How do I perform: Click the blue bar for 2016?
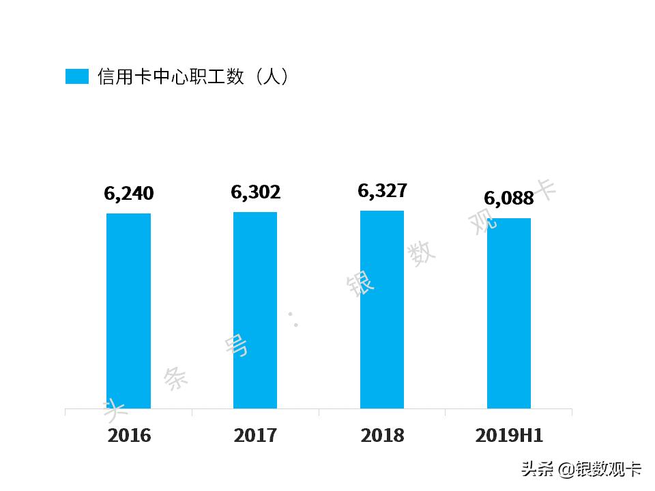point(128,311)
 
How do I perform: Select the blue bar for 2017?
point(255,310)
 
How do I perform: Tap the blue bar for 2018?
point(382,310)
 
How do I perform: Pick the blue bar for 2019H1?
point(508,313)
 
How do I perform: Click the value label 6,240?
point(129,194)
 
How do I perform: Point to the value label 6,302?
point(256,192)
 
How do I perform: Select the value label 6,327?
point(383,190)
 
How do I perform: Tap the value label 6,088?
point(509,198)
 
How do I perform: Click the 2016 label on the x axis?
point(129,436)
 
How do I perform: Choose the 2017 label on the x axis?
point(256,436)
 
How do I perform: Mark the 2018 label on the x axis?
point(383,436)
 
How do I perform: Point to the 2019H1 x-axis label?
point(510,436)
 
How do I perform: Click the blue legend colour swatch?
point(77,76)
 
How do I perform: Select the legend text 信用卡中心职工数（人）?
point(193,76)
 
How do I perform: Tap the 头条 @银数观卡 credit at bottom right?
point(581,469)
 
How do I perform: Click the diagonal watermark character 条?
point(176,378)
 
